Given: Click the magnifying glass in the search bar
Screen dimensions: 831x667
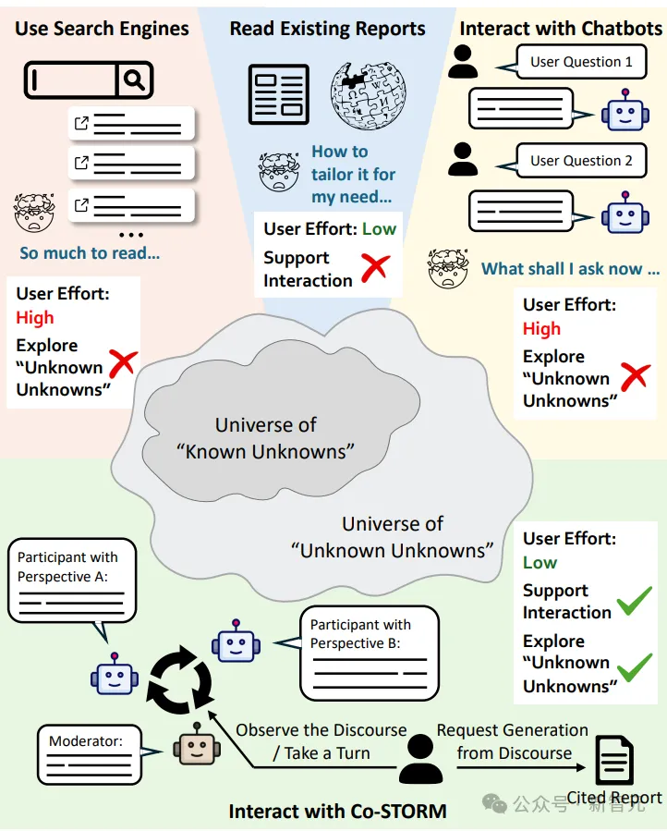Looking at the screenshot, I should pyautogui.click(x=134, y=80).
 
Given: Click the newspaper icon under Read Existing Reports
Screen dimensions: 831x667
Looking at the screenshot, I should pyautogui.click(x=278, y=94).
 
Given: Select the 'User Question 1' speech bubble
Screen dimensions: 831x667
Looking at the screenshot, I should pyautogui.click(x=580, y=63).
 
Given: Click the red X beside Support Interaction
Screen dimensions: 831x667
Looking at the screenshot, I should pyautogui.click(x=374, y=268).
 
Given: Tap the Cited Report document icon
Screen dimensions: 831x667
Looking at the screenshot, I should pyautogui.click(x=613, y=761).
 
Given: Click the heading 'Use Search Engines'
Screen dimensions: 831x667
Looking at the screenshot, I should pyautogui.click(x=102, y=28).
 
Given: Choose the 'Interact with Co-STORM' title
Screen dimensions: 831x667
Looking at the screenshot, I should pyautogui.click(x=338, y=812).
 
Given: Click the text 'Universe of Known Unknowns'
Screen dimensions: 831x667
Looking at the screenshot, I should pyautogui.click(x=266, y=438).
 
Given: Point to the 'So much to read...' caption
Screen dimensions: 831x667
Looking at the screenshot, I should pyautogui.click(x=90, y=252).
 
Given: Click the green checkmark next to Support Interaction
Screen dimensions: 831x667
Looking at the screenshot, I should pyautogui.click(x=634, y=601).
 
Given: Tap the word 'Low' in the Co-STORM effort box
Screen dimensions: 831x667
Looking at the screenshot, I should pyautogui.click(x=540, y=563).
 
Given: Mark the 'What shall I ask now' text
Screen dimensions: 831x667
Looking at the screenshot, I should pyautogui.click(x=571, y=269).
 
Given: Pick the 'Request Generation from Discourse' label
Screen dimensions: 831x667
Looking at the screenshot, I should pyautogui.click(x=513, y=741).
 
